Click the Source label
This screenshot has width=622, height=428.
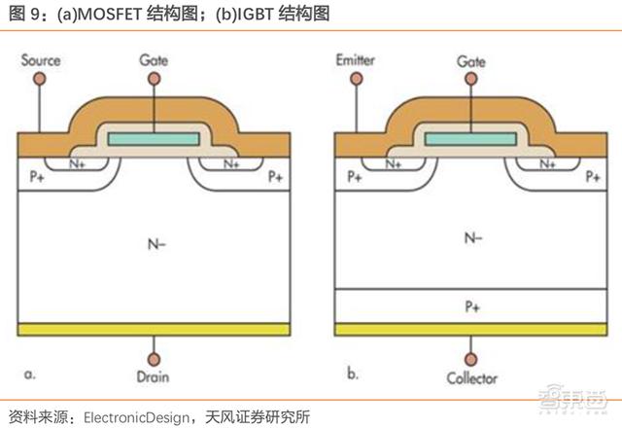point(41,60)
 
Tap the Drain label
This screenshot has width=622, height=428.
point(155,378)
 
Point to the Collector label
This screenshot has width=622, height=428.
point(471,378)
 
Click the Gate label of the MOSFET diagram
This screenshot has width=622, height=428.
point(155,60)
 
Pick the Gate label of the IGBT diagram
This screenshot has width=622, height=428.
point(470,60)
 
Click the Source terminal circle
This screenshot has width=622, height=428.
point(40,78)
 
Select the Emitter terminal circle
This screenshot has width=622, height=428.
point(355,78)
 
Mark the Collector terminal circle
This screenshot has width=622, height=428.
point(471,358)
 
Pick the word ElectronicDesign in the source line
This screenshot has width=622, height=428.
point(137,417)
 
